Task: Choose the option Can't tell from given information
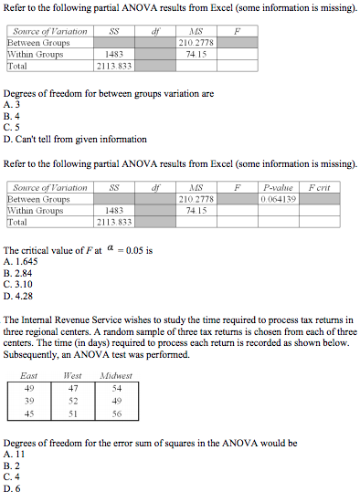click(73, 140)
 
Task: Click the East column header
click(29, 375)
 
